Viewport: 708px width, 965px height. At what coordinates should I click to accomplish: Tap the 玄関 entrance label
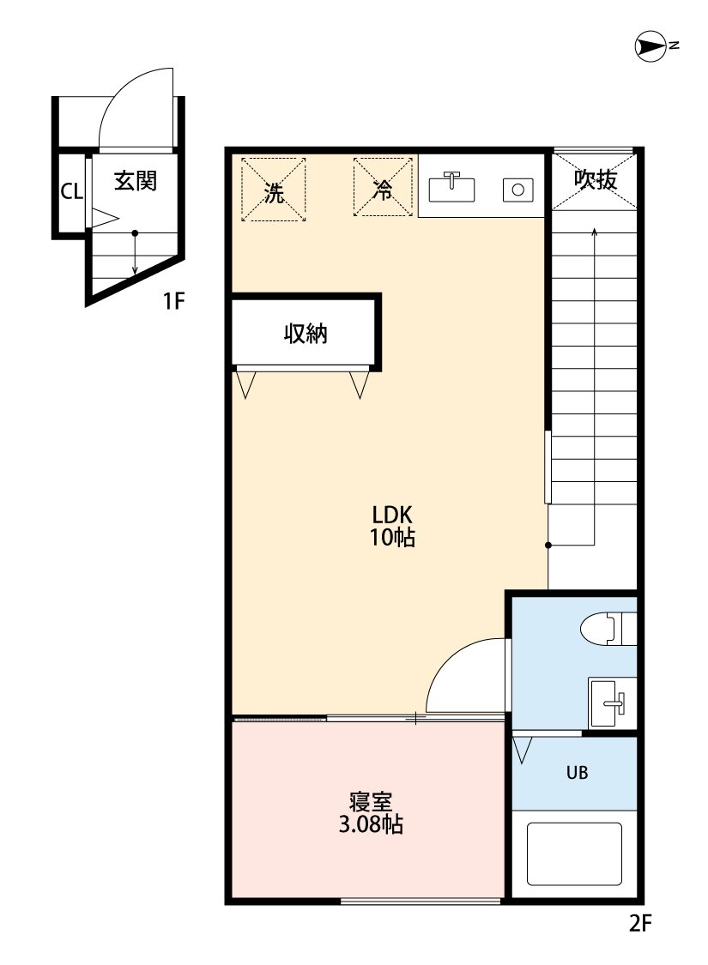click(x=136, y=181)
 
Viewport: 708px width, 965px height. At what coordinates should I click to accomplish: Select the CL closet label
click(x=70, y=191)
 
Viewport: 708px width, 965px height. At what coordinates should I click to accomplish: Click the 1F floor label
click(x=174, y=301)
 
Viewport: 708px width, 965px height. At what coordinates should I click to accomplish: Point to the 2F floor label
click(x=640, y=924)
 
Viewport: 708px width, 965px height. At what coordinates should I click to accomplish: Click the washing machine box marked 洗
click(x=274, y=190)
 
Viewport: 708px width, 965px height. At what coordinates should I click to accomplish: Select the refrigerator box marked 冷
click(x=384, y=190)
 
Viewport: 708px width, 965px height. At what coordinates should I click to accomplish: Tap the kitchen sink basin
click(x=451, y=187)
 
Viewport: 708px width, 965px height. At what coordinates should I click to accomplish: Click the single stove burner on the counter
click(x=517, y=189)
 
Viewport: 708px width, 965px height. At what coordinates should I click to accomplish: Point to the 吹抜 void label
click(x=595, y=179)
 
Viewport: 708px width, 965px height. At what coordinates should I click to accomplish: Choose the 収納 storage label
click(x=306, y=333)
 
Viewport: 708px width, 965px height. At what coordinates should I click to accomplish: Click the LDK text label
click(x=393, y=516)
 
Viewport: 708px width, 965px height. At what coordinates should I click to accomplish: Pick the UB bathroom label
click(x=577, y=772)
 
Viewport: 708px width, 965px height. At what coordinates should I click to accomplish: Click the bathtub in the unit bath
click(x=573, y=854)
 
